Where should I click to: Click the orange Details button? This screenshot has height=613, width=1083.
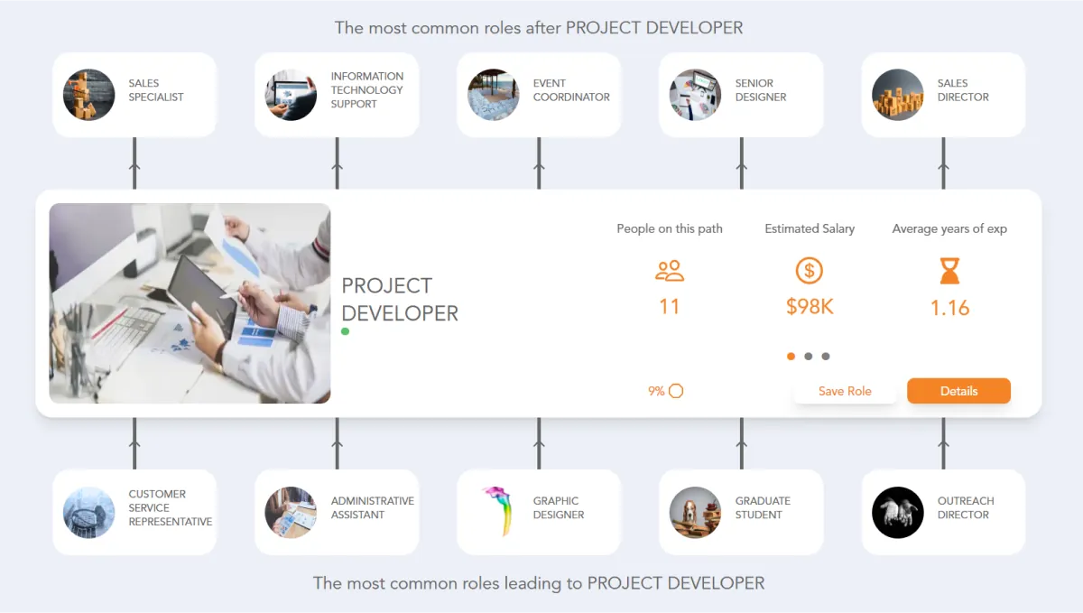[x=958, y=391]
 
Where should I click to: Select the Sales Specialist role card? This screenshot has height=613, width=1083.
[x=134, y=95]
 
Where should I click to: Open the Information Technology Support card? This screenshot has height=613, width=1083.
[x=337, y=95]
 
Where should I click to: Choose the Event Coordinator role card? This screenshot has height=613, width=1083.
[x=539, y=95]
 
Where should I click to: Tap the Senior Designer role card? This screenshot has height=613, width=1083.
[x=741, y=95]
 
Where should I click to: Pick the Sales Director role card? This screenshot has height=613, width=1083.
[x=943, y=95]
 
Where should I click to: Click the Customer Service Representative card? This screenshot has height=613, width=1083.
[x=134, y=512]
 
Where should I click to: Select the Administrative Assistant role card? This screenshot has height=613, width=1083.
[x=337, y=512]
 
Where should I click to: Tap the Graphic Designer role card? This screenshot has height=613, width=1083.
[x=539, y=512]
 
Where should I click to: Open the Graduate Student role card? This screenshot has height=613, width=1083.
[x=741, y=512]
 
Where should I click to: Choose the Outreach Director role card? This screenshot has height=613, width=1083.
[x=943, y=512]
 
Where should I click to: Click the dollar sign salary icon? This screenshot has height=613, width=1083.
[x=810, y=270]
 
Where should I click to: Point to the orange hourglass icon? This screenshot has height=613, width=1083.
[x=949, y=271]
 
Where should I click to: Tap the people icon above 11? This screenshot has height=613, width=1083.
[x=670, y=270]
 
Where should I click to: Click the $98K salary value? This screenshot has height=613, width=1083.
[x=810, y=307]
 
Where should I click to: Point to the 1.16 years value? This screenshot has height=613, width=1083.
[x=949, y=308]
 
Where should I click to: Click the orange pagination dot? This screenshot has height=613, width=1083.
[x=791, y=357]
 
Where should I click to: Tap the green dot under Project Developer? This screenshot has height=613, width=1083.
[x=346, y=332]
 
